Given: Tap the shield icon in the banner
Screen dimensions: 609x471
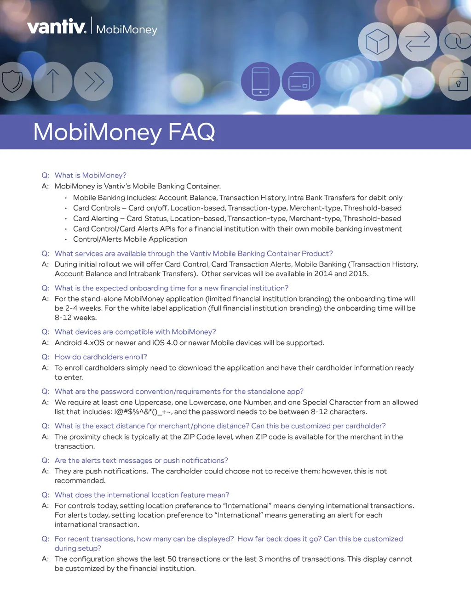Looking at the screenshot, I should click(x=12, y=81).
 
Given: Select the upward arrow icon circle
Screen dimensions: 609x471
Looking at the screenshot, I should click(x=53, y=81).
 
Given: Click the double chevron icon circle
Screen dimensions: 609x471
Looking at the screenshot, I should click(x=93, y=81).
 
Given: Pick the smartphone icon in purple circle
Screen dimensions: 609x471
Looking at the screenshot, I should click(x=260, y=81).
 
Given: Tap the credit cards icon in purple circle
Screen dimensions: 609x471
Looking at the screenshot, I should click(x=301, y=81).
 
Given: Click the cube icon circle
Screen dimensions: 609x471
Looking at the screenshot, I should click(x=377, y=42).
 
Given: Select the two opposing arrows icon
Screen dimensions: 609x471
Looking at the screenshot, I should click(x=418, y=42).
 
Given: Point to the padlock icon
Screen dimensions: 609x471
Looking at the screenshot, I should click(x=458, y=82).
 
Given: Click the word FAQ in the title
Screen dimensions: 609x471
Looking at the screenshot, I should click(x=191, y=132).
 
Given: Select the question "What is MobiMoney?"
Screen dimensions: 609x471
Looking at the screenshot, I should click(x=90, y=175).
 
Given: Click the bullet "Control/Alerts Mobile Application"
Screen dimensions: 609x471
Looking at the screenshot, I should click(x=130, y=239).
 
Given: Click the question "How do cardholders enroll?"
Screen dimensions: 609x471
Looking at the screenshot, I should click(x=101, y=357).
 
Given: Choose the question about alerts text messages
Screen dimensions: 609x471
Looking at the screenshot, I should click(x=141, y=460).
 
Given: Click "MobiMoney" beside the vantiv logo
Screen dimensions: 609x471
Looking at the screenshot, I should click(x=126, y=29).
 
